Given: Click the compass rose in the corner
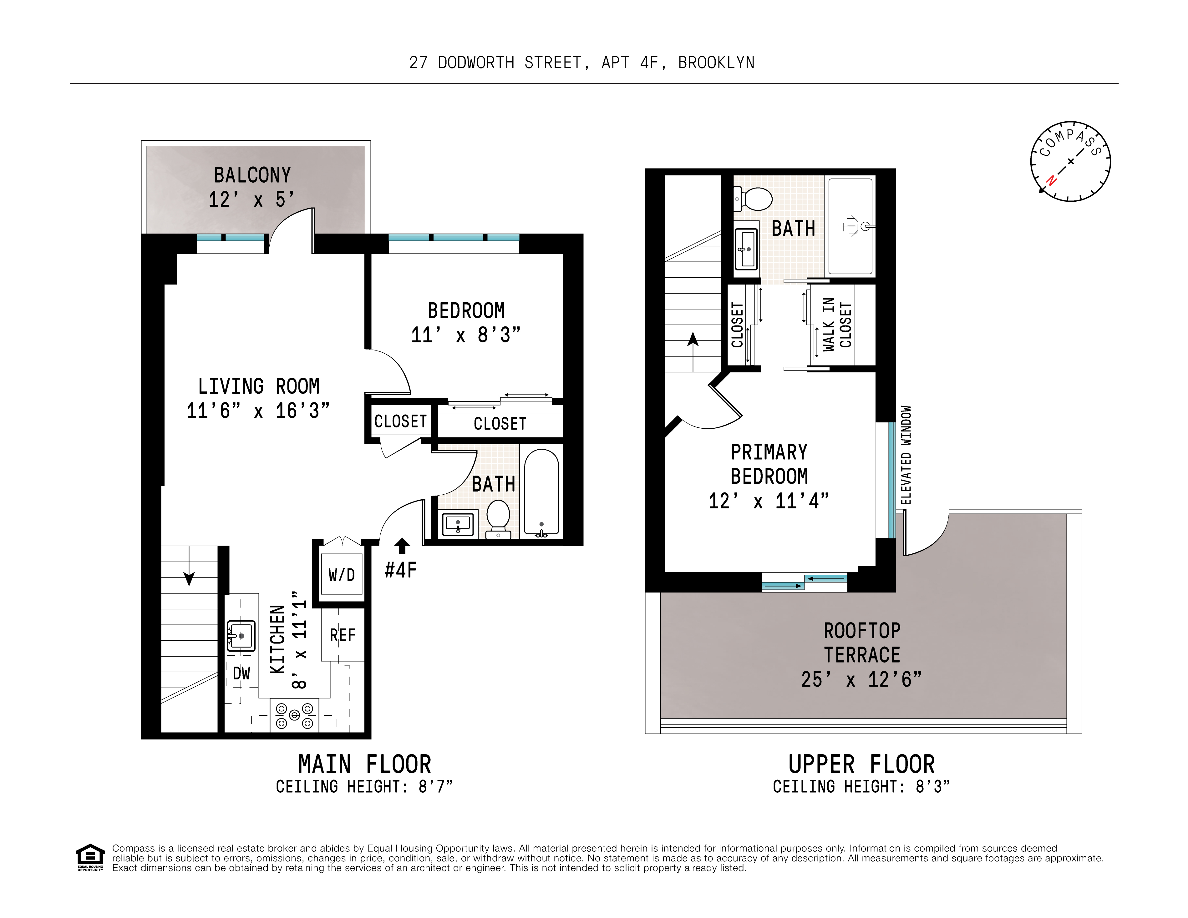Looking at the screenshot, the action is pyautogui.click(x=1070, y=162).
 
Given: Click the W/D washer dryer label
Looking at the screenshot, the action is pyautogui.click(x=342, y=575).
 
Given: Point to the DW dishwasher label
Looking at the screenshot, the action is pyautogui.click(x=241, y=673).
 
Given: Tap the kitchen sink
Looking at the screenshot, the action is pyautogui.click(x=241, y=636).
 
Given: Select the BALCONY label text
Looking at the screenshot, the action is pyautogui.click(x=252, y=175).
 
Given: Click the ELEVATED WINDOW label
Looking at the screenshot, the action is pyautogui.click(x=906, y=455).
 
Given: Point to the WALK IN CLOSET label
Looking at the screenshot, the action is pyautogui.click(x=837, y=324).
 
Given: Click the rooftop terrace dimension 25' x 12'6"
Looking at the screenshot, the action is pyautogui.click(x=862, y=679).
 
